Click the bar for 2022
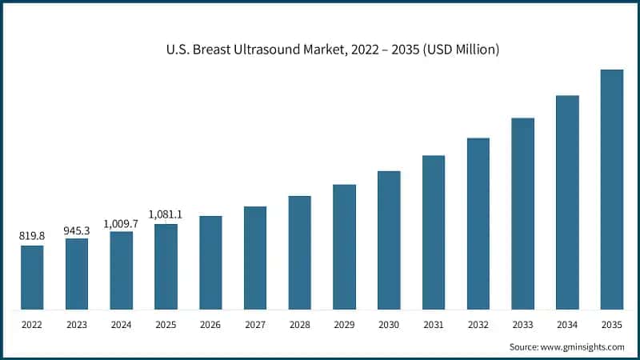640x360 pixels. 32,277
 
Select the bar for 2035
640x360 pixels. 612,189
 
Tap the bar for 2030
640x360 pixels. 389,239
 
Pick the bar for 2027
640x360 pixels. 255,257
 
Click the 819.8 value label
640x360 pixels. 32,236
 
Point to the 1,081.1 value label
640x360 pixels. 166,214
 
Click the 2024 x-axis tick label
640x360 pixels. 122,325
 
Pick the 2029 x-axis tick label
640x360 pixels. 344,325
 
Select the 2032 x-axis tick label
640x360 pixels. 478,325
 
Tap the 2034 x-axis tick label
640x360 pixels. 567,325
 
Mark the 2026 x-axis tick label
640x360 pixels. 210,325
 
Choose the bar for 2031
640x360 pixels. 434,232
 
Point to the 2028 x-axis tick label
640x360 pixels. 300,325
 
